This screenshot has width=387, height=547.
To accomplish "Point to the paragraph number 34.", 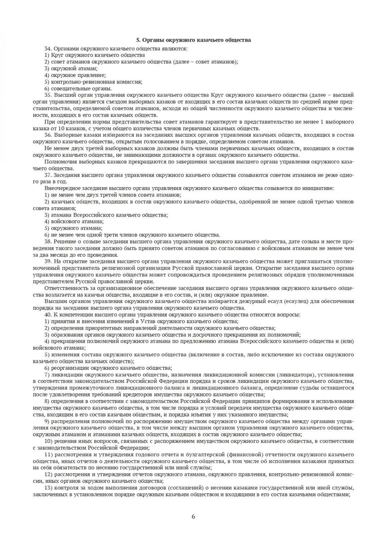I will coord(47,49).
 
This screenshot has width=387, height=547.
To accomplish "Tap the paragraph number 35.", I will coord(47,95).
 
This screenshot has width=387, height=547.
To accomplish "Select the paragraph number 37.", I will coord(47,175).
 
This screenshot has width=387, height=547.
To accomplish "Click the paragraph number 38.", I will coord(47,241).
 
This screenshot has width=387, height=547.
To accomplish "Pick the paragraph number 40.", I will coord(47,314).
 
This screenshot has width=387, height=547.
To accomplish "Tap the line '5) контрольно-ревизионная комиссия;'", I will coord(93,82).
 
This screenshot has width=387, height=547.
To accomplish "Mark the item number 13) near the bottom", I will coord(49,488).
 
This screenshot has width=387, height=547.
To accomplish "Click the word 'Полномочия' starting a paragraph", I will coord(59,162).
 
